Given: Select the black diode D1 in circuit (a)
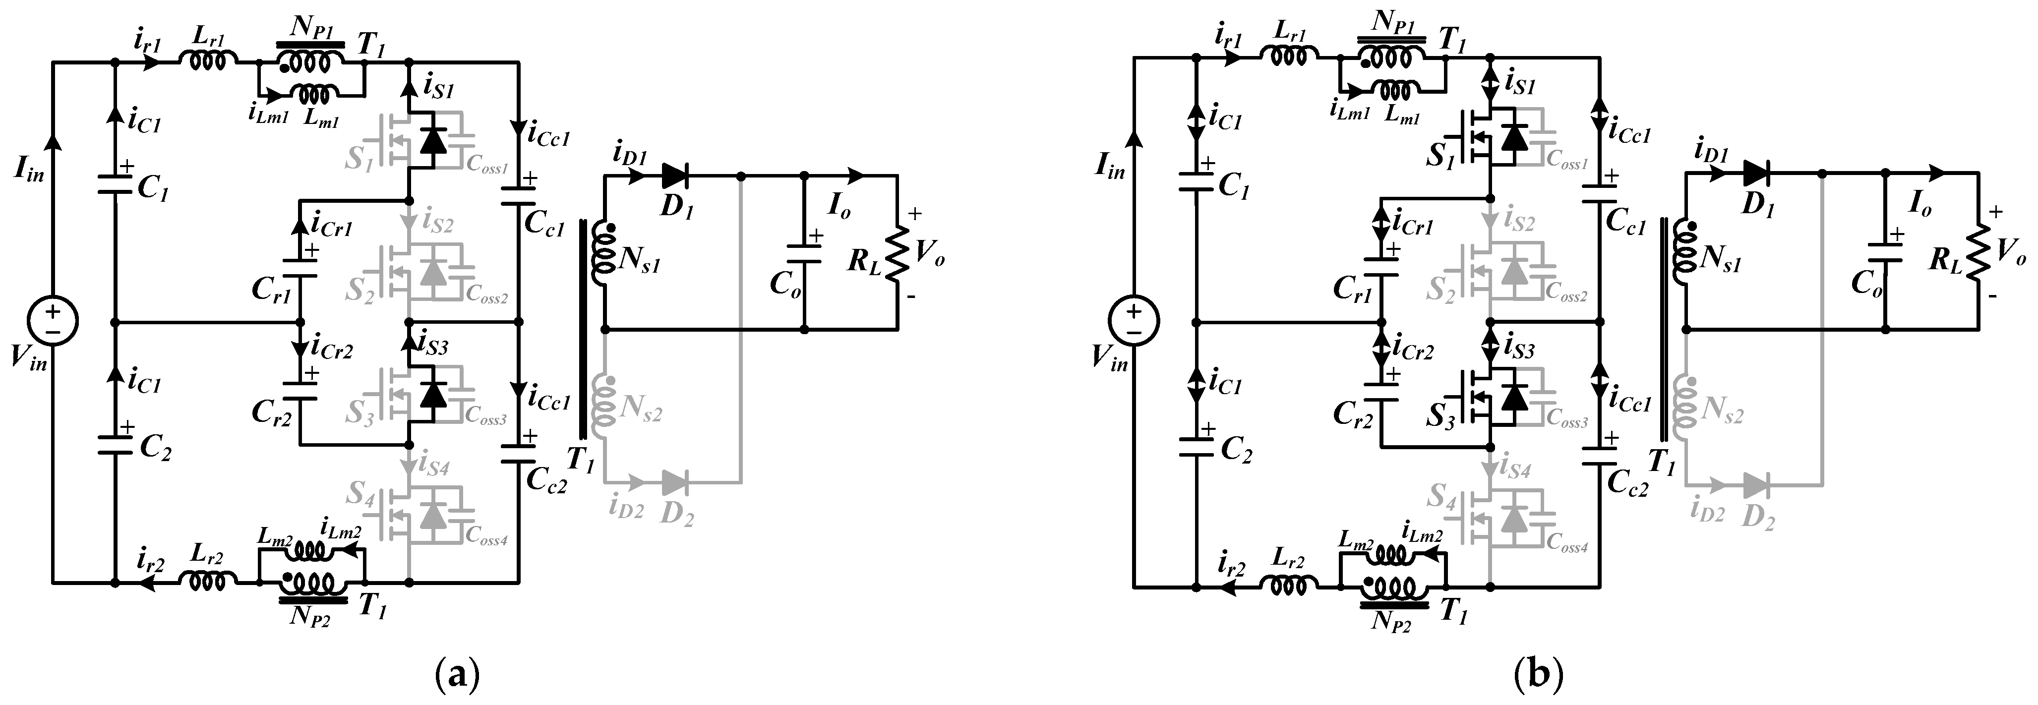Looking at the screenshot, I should tap(674, 176).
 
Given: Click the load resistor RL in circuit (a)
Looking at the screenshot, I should tap(897, 253).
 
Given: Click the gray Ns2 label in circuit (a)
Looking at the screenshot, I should tap(641, 411).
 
